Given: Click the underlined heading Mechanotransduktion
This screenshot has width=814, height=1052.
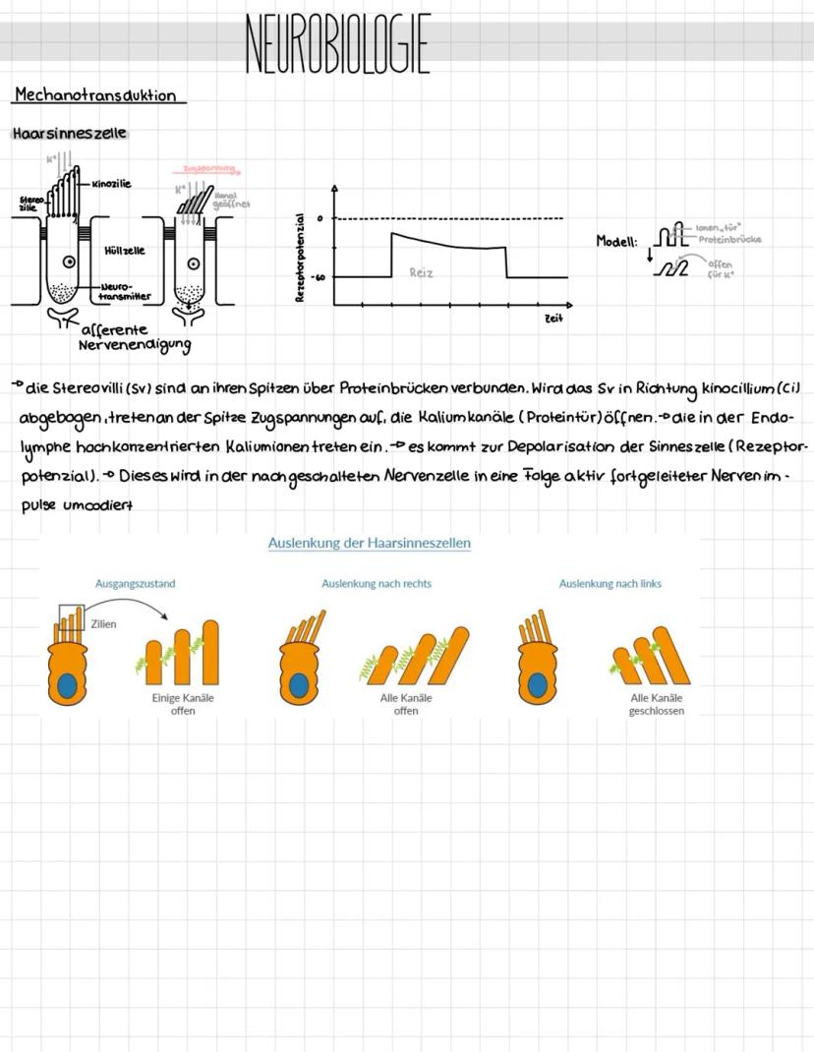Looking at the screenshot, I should [x=95, y=95].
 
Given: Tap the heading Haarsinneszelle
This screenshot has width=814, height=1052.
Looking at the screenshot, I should [x=69, y=133].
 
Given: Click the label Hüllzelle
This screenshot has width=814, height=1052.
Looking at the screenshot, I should [x=124, y=251].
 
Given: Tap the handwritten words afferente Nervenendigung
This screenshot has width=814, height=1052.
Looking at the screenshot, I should [x=133, y=337].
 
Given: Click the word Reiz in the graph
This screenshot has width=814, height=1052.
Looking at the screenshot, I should [x=422, y=272].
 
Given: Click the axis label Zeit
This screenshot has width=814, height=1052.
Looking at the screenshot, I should [x=553, y=320].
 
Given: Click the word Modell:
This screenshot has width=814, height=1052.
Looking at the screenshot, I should [x=616, y=241].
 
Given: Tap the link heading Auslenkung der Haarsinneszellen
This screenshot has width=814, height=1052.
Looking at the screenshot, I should [x=369, y=543].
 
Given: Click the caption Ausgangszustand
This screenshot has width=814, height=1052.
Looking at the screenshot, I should [x=135, y=583].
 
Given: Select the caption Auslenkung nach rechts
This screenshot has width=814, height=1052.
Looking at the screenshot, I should [x=377, y=583].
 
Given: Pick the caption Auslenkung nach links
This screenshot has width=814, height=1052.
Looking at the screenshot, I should [x=610, y=583].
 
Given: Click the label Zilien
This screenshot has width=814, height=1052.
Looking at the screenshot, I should [x=103, y=623].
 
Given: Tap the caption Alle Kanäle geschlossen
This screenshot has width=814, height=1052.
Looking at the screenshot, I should [x=656, y=704].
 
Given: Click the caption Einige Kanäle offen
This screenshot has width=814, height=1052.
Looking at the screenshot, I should [x=183, y=704].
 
